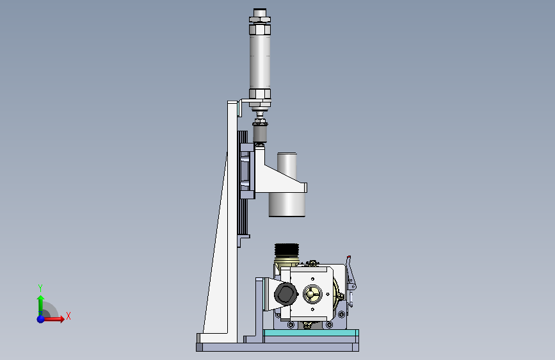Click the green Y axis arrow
(x=41, y=305)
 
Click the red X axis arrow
(x=53, y=319)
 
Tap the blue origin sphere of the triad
(x=41, y=319)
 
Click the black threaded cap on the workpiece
(x=287, y=249)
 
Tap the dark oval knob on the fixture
(x=286, y=293)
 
